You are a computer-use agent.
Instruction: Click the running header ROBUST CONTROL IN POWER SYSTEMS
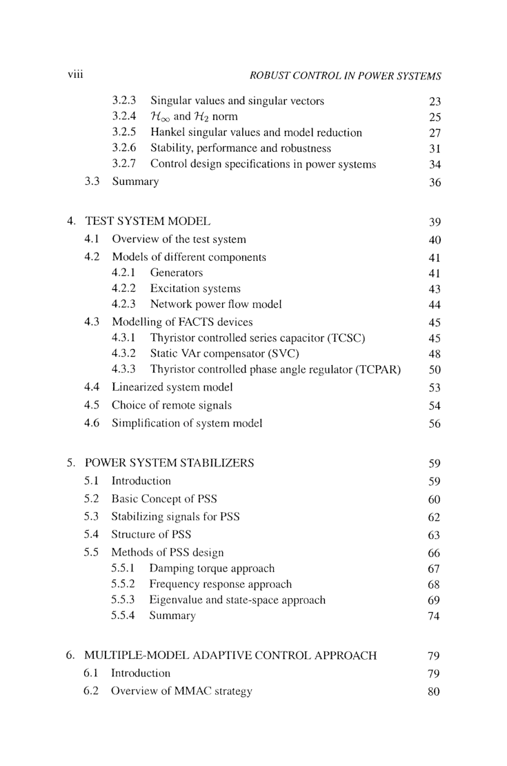[345, 75]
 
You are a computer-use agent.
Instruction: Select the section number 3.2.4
[124, 116]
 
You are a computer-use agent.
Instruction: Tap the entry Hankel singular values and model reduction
[256, 132]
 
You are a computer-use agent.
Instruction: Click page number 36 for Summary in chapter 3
[434, 183]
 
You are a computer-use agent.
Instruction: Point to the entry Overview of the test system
[179, 239]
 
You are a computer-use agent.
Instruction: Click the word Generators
[177, 273]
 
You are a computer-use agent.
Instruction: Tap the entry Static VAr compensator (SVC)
[224, 354]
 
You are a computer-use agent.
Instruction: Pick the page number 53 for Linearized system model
[434, 388]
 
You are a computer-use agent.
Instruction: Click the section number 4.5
[92, 405]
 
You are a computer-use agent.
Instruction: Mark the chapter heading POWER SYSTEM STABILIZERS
[169, 463]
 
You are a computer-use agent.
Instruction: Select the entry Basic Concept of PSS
[165, 498]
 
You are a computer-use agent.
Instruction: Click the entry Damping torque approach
[212, 569]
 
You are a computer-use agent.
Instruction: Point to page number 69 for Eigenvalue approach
[434, 600]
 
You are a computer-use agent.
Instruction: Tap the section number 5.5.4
[123, 616]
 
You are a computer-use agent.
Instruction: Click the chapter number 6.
[71, 656]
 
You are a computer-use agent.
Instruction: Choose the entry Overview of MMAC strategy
[181, 691]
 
